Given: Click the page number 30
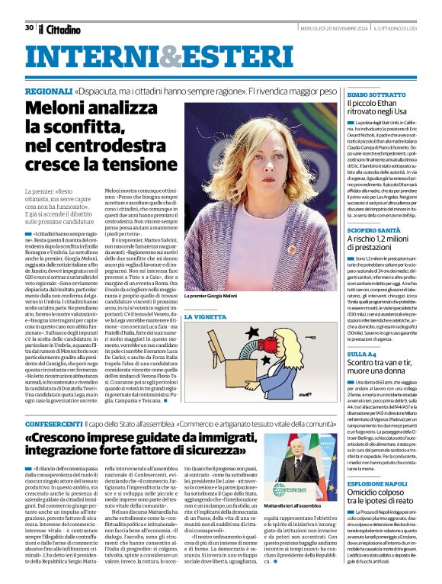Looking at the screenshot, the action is pyautogui.click(x=29, y=27).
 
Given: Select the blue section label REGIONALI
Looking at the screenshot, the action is pyautogui.click(x=49, y=91).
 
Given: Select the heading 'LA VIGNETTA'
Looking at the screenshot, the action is pyautogui.click(x=206, y=315).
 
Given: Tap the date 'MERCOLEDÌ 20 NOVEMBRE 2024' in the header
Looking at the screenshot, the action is pyautogui.click(x=332, y=28).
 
